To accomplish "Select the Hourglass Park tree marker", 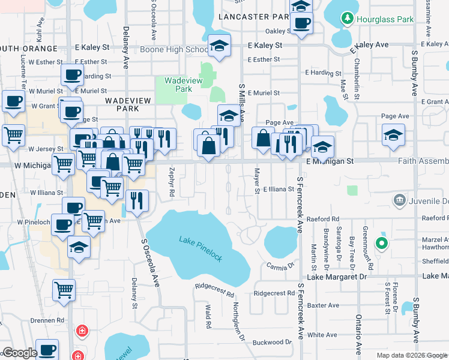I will coord(346,19).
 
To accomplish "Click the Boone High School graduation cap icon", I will coord(219,46).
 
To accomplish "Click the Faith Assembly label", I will coord(423,161).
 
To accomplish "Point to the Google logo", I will coord(19,353).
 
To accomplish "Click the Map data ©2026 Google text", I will coord(411,355).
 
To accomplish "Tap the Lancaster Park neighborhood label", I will coord(254,17).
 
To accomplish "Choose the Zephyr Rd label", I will coord(171,182).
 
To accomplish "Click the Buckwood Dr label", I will coord(272,343).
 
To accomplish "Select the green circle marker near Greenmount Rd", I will coord(381,244).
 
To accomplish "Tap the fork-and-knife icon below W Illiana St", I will coord(137,200).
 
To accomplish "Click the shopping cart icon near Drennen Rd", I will coord(64,290).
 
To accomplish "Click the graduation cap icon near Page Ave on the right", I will coord(393,135).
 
